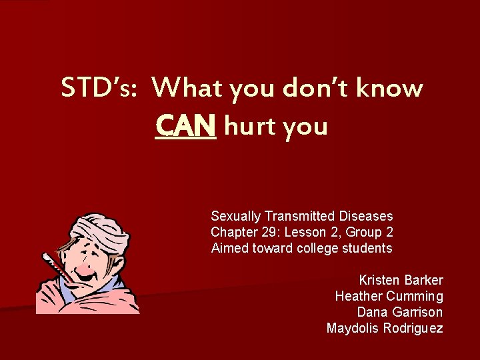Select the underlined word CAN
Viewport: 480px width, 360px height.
(x=185, y=124)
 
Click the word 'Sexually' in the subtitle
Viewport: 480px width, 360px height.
(x=236, y=217)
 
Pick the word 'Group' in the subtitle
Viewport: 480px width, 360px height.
(x=361, y=232)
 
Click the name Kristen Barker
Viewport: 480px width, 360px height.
(x=401, y=280)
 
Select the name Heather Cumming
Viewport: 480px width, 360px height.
(x=389, y=296)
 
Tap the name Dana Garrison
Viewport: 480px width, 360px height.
(x=399, y=312)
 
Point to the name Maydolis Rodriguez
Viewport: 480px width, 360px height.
(x=384, y=328)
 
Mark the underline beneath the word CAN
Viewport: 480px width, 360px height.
(x=185, y=137)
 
